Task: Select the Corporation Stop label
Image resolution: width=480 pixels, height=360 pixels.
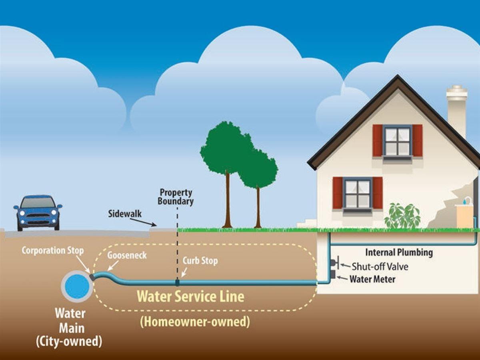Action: pos(52,251)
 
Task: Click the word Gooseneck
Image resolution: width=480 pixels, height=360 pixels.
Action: pos(127,255)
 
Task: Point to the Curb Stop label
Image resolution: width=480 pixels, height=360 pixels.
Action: pos(200,261)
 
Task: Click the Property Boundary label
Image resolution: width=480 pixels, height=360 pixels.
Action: pos(176,197)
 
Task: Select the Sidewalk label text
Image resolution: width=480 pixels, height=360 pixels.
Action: pos(125,213)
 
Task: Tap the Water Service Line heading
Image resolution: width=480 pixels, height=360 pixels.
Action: pos(190,296)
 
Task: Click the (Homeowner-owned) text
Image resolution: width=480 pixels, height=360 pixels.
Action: pos(195,322)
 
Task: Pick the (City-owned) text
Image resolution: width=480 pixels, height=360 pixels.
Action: pos(69,342)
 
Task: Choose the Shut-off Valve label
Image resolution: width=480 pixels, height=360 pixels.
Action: pos(380,266)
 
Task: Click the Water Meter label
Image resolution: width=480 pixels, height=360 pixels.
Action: pos(372,279)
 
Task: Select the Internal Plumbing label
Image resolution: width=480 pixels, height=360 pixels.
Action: pos(399,252)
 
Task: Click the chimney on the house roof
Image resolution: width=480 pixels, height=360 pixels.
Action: pos(456,110)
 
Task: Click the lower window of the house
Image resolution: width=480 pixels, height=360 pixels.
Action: pos(357,193)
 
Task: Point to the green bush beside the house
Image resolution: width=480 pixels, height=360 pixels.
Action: pos(402,216)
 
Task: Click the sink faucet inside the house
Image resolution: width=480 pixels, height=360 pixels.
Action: pos(466,200)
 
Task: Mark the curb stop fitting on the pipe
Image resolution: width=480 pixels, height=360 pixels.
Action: pos(177,282)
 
